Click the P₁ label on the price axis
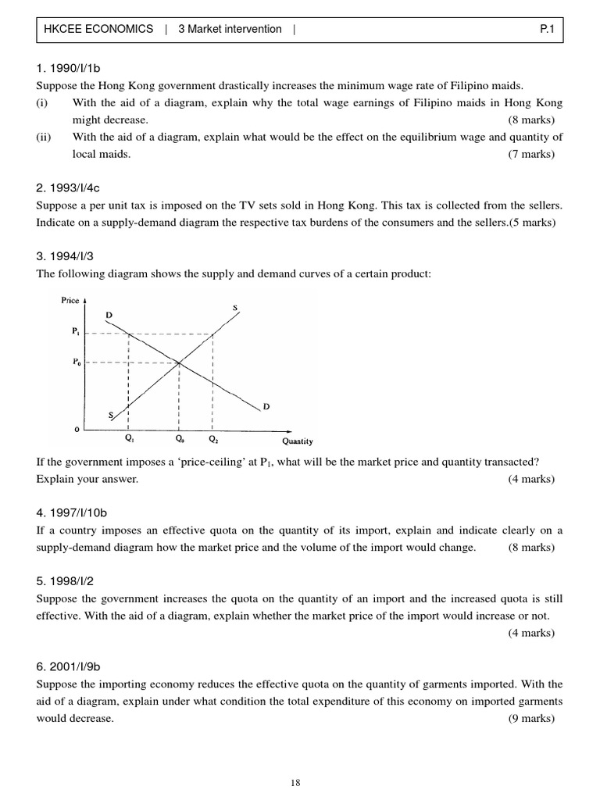[x=75, y=331]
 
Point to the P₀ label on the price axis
[x=75, y=362]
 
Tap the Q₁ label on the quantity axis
[x=129, y=439]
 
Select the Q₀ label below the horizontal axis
[x=180, y=439]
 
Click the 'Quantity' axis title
[x=297, y=441]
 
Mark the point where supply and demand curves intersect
[x=180, y=362]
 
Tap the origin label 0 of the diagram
[x=76, y=430]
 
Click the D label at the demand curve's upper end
[x=109, y=315]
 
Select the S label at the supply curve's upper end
[x=235, y=308]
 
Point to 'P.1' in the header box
[x=547, y=29]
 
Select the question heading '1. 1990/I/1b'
[x=69, y=68]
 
